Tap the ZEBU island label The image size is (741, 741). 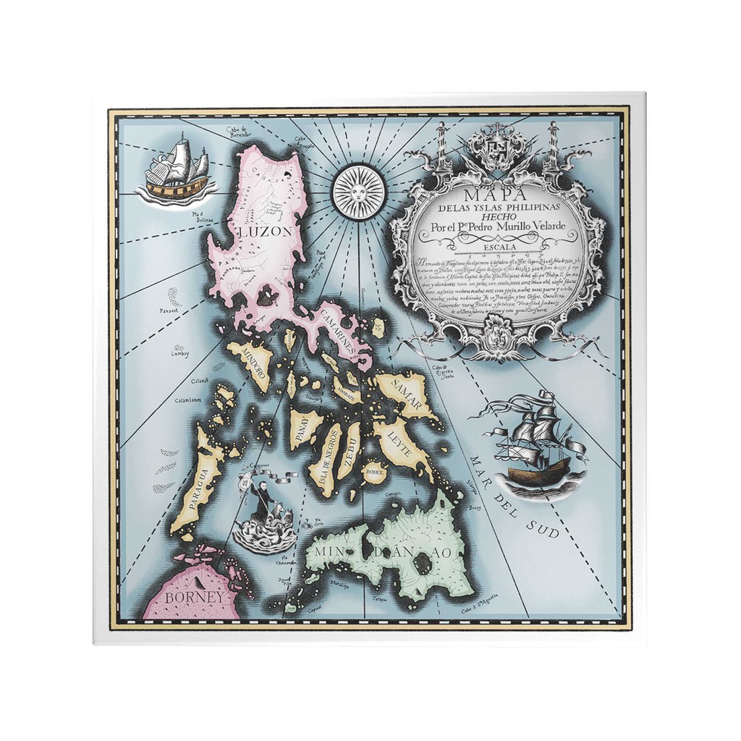350,450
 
